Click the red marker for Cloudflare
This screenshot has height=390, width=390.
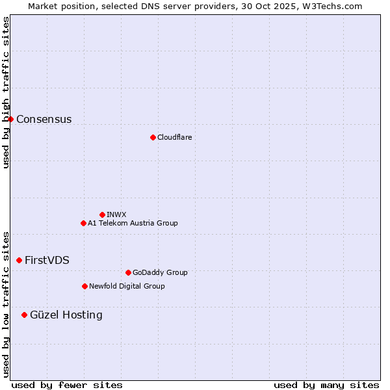(153, 137)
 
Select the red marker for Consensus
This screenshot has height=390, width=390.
(10, 119)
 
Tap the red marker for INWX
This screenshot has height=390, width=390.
(102, 214)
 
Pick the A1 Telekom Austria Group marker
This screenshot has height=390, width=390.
(83, 223)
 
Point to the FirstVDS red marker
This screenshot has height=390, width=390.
(19, 260)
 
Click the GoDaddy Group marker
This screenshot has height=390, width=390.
(128, 272)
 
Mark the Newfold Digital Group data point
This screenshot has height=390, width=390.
(84, 286)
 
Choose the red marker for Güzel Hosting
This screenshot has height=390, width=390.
(24, 315)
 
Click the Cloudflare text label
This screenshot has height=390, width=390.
(174, 137)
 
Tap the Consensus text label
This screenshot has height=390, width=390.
(44, 119)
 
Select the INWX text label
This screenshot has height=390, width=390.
(116, 214)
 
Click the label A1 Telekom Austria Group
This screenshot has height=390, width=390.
(133, 223)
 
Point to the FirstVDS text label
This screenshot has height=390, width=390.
(47, 260)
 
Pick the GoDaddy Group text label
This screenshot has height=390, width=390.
(160, 272)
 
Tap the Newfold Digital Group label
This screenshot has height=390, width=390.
(127, 286)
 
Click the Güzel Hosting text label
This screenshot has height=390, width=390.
(66, 315)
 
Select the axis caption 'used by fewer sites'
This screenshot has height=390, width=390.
(67, 385)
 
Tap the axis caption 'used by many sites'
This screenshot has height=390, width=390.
(326, 385)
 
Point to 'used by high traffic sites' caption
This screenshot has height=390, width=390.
(6, 92)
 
